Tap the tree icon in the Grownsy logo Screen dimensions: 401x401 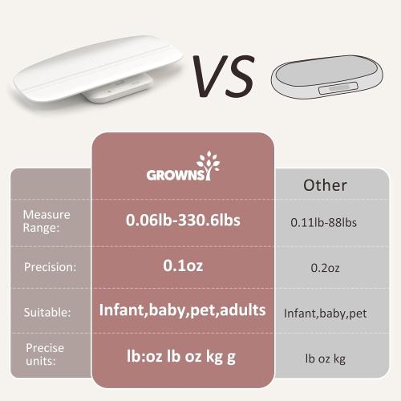click(210, 167)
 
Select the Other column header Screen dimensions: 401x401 click(325, 185)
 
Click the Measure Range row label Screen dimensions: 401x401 click(46, 221)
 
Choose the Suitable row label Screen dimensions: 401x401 click(47, 312)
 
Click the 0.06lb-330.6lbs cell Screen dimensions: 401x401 click(184, 221)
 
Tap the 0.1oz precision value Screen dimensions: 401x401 click(183, 265)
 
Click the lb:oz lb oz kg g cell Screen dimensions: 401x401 click(184, 354)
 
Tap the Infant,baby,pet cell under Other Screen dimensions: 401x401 click(325, 314)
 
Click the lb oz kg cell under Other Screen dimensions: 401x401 click(325, 358)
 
